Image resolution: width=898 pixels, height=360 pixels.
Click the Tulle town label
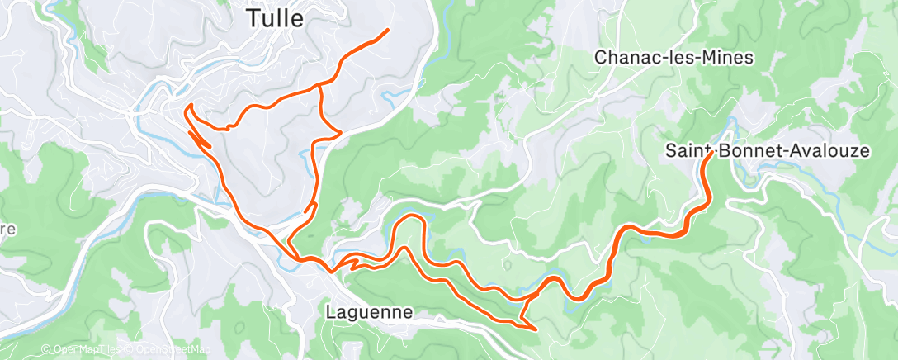[276, 17]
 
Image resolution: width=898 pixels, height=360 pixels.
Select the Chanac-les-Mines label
[673, 58]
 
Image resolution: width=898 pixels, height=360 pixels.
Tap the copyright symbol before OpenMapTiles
[45, 350]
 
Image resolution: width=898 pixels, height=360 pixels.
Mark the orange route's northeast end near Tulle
[387, 31]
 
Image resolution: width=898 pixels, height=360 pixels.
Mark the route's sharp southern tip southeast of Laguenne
[536, 329]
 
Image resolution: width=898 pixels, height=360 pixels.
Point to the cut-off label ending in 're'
[8, 230]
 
